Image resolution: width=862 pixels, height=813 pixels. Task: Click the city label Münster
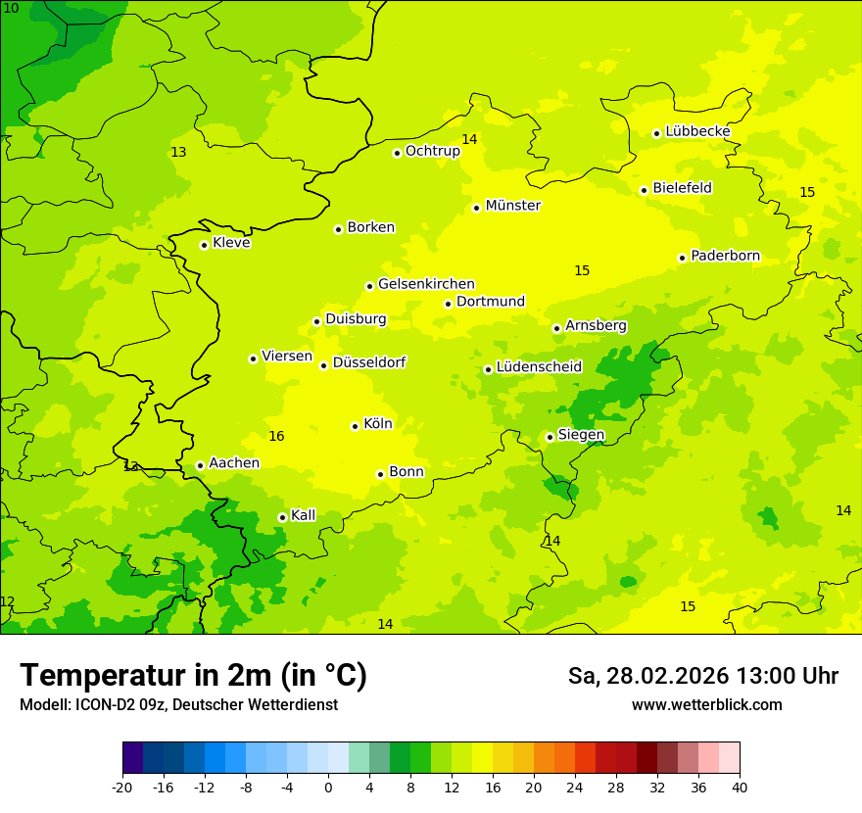pyautogui.click(x=512, y=206)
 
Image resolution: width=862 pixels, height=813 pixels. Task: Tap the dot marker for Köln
pyautogui.click(x=355, y=426)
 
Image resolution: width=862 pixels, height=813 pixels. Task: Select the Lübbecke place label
pyautogui.click(x=697, y=131)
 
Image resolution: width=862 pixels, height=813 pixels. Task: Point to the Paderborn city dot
pyautogui.click(x=682, y=258)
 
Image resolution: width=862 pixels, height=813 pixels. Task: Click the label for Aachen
pyautogui.click(x=234, y=463)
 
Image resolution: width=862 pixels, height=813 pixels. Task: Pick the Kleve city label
pyautogui.click(x=231, y=243)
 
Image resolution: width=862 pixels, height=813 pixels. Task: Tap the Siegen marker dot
pyautogui.click(x=550, y=438)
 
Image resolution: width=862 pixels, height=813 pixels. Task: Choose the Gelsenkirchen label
pyautogui.click(x=426, y=284)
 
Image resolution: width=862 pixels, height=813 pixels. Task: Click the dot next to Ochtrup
pyautogui.click(x=397, y=153)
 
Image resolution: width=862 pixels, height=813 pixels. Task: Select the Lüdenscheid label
pyautogui.click(x=539, y=367)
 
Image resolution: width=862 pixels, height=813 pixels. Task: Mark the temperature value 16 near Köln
pyautogui.click(x=276, y=436)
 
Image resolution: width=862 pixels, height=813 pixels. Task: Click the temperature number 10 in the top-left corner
pyautogui.click(x=11, y=8)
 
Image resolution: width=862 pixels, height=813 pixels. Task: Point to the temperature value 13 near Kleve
pyautogui.click(x=178, y=152)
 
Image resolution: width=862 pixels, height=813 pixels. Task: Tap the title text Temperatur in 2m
pyautogui.click(x=193, y=675)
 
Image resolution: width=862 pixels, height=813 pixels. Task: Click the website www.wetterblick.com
pyautogui.click(x=706, y=705)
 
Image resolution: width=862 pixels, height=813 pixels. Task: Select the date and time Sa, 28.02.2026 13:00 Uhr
pyautogui.click(x=702, y=676)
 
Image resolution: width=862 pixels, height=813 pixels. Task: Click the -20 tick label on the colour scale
pyautogui.click(x=122, y=788)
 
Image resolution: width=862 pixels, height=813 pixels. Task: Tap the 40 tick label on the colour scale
pyautogui.click(x=740, y=788)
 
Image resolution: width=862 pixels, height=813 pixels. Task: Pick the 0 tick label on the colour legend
pyautogui.click(x=328, y=788)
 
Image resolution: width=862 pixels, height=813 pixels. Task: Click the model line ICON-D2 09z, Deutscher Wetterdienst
pyautogui.click(x=178, y=705)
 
